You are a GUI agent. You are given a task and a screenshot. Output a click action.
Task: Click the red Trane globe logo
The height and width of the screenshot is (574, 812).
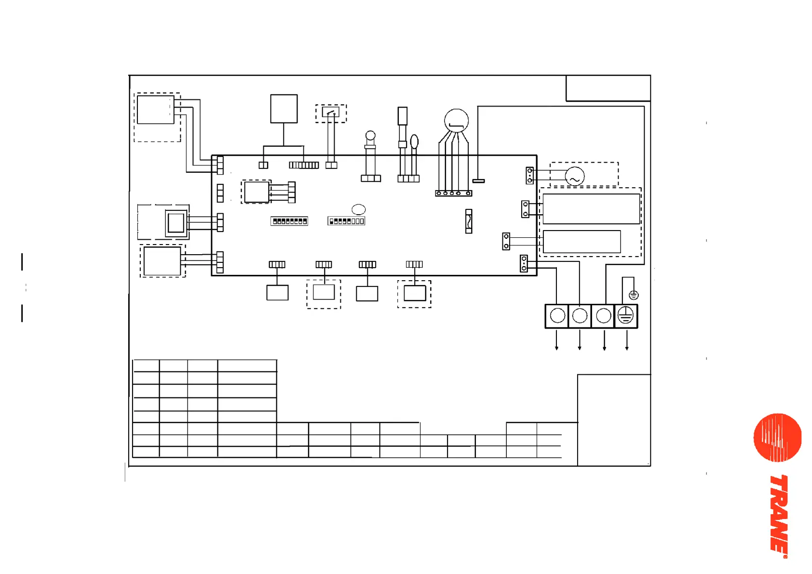777,437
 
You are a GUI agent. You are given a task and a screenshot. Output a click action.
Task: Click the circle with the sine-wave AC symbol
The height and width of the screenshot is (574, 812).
575,177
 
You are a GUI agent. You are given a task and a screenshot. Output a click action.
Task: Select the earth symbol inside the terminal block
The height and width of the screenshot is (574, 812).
625,316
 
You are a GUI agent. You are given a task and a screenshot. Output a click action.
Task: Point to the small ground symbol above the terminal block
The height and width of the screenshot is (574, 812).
634,295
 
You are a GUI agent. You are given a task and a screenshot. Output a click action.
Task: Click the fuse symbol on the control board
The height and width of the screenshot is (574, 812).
469,221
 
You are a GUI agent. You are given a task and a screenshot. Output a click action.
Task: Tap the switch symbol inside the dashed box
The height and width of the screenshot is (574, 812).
331,113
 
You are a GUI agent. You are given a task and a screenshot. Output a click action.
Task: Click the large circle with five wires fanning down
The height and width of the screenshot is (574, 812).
456,121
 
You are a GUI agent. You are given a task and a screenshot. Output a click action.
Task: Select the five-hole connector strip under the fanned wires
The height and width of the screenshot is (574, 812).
453,193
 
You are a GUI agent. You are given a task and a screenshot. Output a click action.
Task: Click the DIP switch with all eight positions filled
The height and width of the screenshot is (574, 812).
289,221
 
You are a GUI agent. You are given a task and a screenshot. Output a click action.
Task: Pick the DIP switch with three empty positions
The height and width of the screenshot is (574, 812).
346,221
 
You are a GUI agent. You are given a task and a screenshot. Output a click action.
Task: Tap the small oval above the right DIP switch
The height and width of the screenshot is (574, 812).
359,209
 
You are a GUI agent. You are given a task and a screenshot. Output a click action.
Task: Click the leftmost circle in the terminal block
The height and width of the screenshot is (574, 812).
557,316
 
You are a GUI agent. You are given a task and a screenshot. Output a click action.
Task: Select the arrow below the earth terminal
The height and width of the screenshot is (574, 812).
627,342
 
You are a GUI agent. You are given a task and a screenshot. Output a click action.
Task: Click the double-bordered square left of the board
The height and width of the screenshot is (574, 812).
176,223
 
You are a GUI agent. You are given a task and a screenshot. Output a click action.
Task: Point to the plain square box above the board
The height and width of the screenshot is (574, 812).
284,109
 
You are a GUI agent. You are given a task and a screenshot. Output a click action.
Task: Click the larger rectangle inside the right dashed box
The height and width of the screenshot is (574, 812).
591,209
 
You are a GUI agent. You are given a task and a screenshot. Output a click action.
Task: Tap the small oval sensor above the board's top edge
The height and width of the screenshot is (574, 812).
414,141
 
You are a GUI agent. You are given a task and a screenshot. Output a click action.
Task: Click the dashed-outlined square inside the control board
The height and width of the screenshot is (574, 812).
257,192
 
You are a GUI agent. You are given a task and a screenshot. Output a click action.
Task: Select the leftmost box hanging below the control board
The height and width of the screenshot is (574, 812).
277,293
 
